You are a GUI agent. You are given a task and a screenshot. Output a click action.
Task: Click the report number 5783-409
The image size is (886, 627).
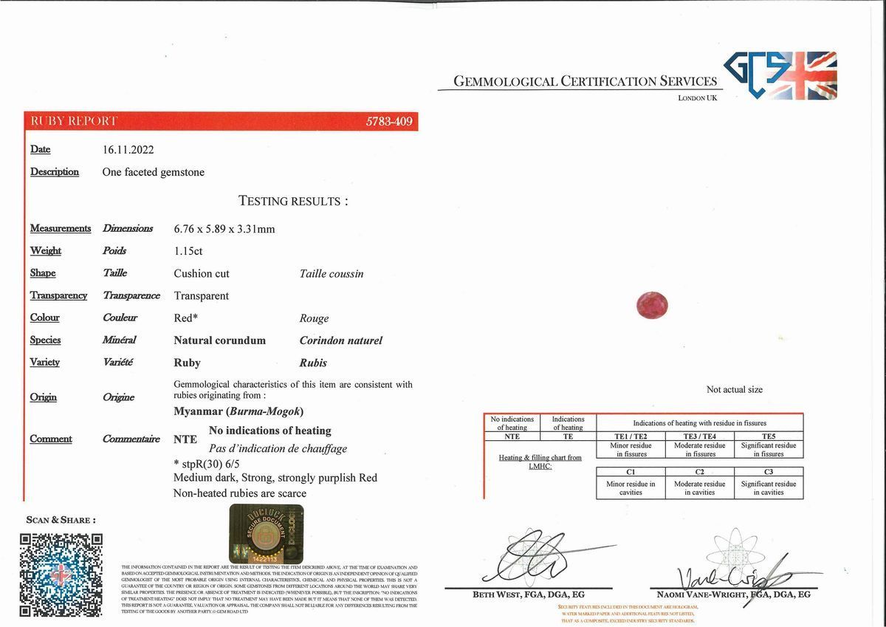(389, 121)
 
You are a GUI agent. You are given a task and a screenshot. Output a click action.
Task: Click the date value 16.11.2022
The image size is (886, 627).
(128, 150)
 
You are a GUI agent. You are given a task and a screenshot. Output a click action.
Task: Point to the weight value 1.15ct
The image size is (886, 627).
(188, 251)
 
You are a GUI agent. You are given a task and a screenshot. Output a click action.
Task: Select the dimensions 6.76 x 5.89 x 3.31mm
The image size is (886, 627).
(224, 229)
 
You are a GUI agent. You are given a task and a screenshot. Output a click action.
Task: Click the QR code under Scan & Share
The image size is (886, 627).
(61, 574)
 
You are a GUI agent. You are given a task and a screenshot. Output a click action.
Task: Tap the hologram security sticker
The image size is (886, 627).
(266, 535)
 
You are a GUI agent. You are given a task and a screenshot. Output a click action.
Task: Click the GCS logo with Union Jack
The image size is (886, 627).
(780, 75)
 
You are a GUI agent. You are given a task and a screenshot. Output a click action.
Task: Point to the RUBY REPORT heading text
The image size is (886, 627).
(73, 121)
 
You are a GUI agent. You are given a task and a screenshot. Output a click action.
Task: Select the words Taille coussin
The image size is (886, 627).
(332, 274)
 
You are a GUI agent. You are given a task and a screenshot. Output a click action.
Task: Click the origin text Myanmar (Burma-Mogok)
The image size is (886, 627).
(238, 411)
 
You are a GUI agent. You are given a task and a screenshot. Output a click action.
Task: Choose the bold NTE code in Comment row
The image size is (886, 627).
(185, 439)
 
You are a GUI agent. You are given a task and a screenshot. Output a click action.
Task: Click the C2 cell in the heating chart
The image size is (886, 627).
(699, 471)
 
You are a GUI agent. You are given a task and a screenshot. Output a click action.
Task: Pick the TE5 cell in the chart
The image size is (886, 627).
(769, 436)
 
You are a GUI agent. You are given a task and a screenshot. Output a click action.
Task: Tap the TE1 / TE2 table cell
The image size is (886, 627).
(631, 436)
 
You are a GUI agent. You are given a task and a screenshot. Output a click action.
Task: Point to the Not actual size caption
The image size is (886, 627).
(734, 390)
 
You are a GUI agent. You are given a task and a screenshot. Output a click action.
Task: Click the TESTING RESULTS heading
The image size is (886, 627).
(293, 201)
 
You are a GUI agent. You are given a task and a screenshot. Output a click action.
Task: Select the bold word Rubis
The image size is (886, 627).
(313, 363)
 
